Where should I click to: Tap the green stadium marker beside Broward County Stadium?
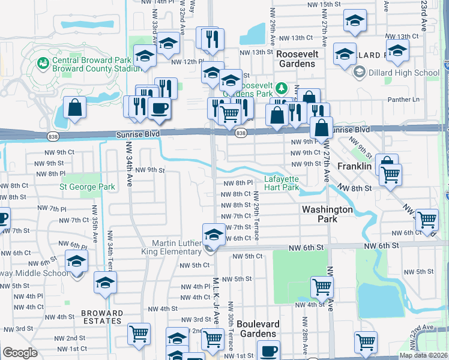43,62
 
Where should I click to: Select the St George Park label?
87,187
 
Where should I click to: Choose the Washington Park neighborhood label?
327,214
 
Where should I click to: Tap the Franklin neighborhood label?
354,166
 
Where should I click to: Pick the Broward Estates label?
102,317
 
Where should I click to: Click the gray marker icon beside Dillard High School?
360,73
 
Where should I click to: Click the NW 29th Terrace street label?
256,216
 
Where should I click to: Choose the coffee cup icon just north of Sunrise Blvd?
159,108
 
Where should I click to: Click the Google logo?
20,353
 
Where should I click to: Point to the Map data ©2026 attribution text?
422,355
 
